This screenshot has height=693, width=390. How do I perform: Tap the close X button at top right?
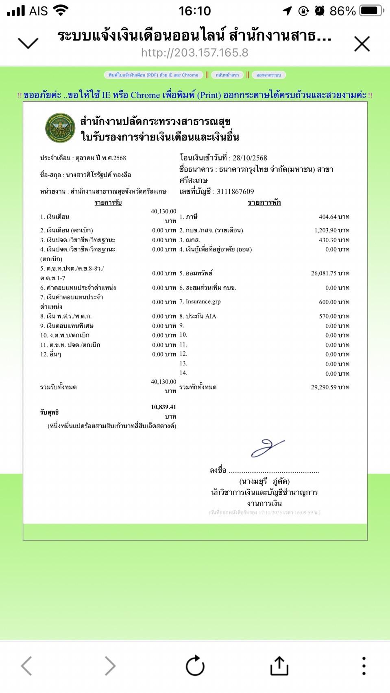(362, 44)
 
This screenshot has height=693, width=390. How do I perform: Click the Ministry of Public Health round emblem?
(60, 128)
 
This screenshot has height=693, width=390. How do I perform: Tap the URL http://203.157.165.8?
(194, 53)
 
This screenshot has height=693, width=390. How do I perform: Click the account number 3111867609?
(235, 191)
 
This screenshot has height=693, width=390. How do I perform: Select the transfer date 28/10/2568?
(250, 158)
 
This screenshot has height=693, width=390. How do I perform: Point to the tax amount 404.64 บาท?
(334, 217)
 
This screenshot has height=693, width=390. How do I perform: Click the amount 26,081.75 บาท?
(330, 273)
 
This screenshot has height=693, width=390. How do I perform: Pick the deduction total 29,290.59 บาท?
(330, 387)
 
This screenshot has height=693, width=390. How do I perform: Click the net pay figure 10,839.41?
(163, 407)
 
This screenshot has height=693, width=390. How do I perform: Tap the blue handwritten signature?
(267, 448)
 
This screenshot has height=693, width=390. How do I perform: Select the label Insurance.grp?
(203, 302)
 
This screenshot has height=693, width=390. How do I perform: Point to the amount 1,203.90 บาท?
(332, 230)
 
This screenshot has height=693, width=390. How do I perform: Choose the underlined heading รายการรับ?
(108, 202)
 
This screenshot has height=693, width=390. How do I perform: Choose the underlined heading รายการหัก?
(264, 202)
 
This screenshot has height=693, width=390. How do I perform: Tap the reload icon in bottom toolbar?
(195, 665)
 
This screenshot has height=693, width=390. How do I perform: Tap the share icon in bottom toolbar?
(279, 665)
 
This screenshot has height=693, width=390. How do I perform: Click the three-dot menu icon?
(364, 666)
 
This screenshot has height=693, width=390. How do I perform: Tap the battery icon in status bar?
(371, 11)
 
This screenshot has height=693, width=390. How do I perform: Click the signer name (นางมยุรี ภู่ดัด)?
(264, 481)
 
